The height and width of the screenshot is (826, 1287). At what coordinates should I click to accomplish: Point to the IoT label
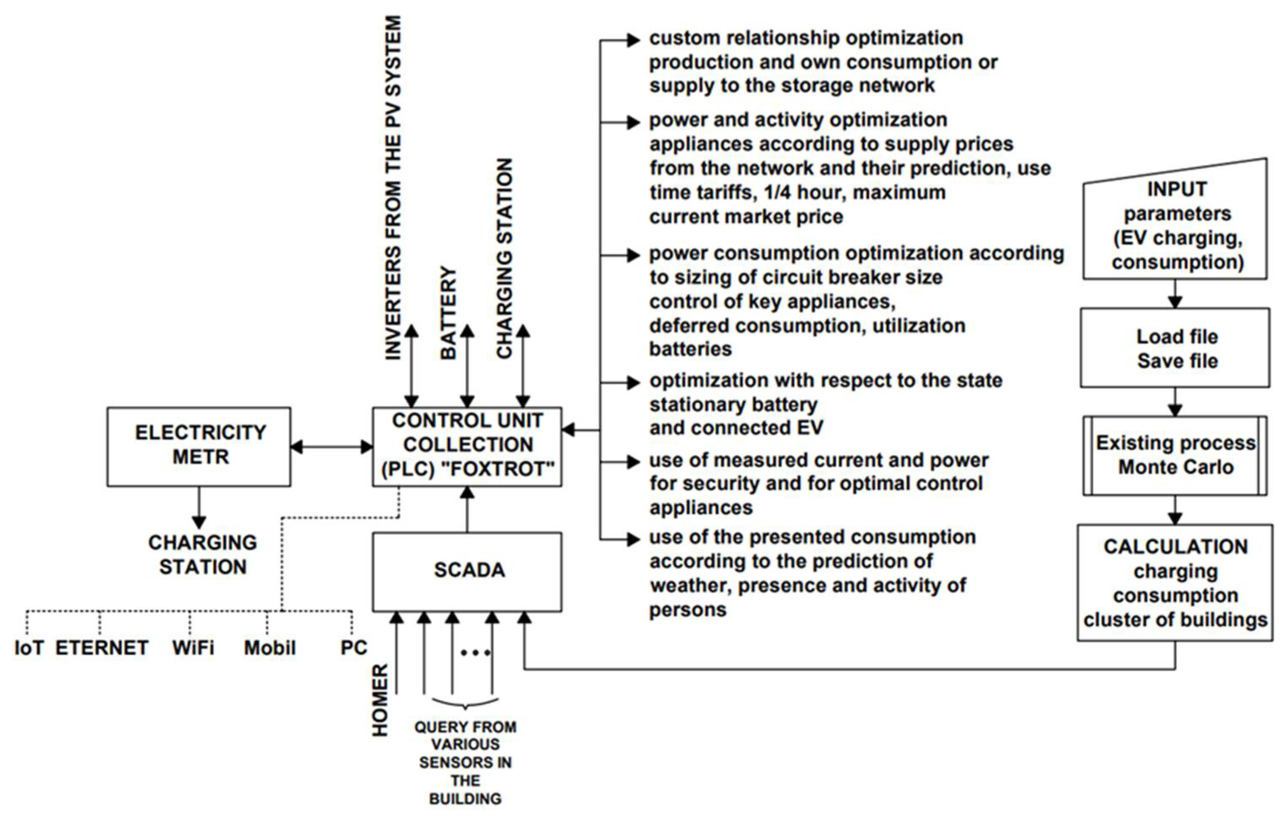29,648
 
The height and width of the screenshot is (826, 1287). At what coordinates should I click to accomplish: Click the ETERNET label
102,648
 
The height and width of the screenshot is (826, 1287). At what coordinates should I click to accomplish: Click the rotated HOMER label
380,700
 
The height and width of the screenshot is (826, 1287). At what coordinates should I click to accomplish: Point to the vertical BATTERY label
448,313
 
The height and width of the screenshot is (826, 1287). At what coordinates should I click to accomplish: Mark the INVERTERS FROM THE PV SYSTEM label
394,188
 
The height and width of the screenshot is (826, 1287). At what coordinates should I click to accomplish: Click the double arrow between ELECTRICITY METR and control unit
332,446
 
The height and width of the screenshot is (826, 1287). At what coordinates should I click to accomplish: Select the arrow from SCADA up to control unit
467,509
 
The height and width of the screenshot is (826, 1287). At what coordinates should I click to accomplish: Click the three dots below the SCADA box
475,653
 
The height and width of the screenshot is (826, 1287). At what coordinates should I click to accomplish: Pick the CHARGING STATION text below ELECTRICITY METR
202,555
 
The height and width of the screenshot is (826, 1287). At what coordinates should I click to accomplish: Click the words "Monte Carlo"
1176,467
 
